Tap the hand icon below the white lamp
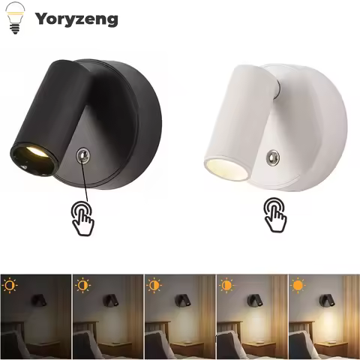(274, 215)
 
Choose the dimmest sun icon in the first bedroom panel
(10, 285)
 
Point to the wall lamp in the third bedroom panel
(181, 301)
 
